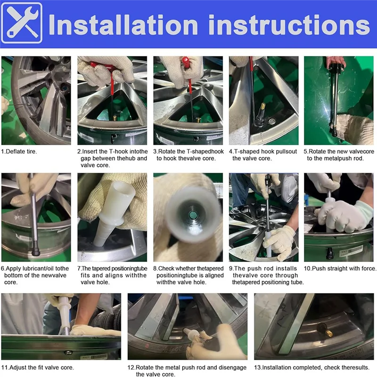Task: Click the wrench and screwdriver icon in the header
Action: point(22,23)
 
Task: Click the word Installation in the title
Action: point(123,25)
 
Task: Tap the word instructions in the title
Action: point(289,25)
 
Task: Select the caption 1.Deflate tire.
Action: point(19,151)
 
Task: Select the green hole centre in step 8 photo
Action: point(192,215)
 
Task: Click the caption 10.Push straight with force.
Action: point(340,268)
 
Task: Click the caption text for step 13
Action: point(312,368)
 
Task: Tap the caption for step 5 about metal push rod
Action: point(339,155)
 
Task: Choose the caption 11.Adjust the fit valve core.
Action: point(38,368)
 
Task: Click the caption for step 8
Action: point(188,275)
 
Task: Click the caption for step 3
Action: point(188,155)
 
